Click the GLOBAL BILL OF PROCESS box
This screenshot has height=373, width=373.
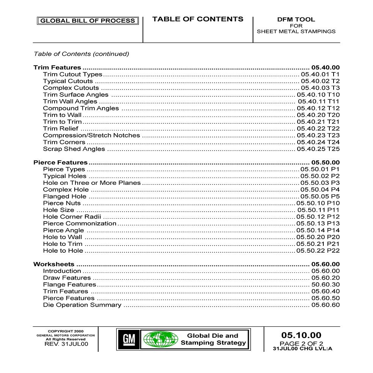point(88,21)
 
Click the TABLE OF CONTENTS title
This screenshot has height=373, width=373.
point(197,19)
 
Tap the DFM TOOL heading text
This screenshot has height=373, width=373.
point(296,19)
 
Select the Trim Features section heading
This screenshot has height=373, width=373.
point(57,68)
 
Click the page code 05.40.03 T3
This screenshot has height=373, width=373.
point(320,88)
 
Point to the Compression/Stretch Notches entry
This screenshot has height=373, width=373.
point(91,135)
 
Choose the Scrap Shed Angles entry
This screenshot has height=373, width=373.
point(74,149)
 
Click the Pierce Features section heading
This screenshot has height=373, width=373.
point(60,163)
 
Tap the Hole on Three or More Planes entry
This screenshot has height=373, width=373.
point(92,183)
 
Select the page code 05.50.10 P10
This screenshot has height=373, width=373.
point(318,203)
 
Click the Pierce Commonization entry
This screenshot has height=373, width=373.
point(80,223)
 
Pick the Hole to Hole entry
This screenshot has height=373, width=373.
point(63,251)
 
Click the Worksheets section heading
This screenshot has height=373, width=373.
point(54,264)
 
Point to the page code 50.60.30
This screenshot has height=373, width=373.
point(325,285)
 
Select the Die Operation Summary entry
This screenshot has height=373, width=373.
point(82,305)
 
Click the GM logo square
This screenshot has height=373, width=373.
point(129,339)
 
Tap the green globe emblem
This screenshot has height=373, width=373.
point(160,339)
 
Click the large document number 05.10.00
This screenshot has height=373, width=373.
point(301,335)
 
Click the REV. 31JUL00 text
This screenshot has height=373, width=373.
point(66,344)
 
